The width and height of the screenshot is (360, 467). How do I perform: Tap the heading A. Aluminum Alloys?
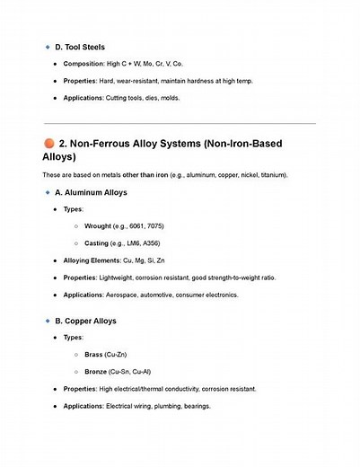pos(92,192)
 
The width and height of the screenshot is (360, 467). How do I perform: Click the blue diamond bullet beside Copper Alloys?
pos(47,321)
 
